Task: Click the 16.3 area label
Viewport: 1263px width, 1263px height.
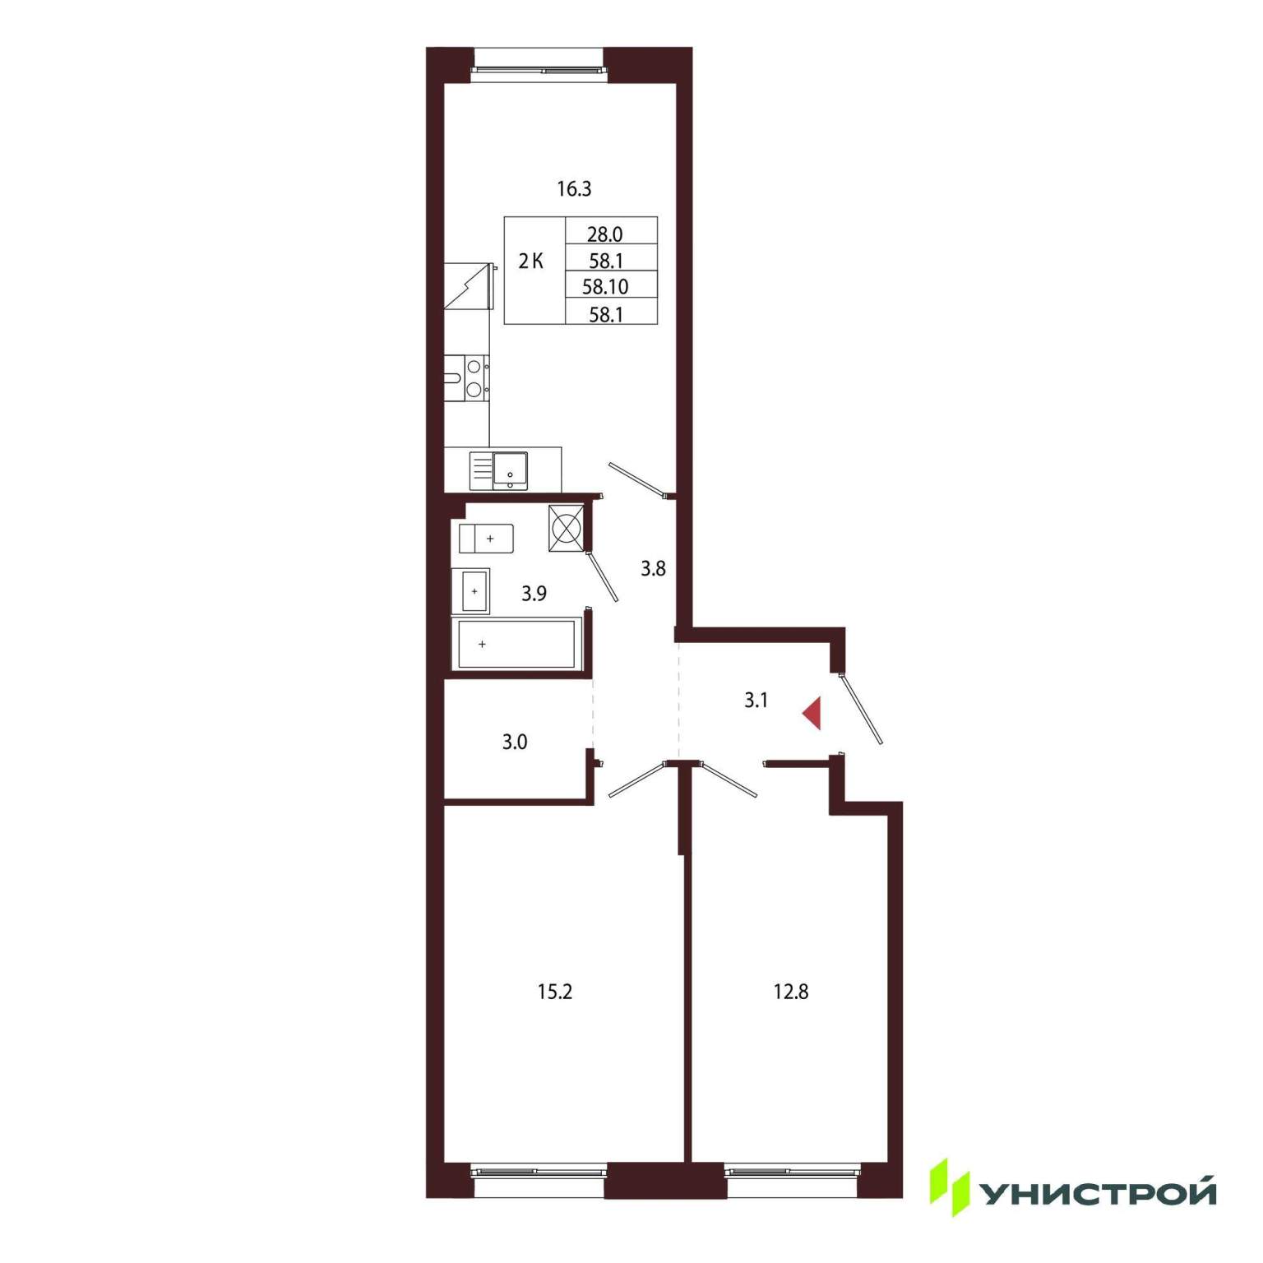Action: click(574, 189)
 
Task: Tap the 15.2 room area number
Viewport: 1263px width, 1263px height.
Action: click(554, 992)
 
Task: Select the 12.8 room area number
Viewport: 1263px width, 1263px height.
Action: click(790, 992)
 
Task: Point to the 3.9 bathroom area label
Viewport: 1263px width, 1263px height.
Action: click(534, 593)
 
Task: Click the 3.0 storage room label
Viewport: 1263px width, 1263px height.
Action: click(515, 742)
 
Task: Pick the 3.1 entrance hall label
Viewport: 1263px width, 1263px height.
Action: click(756, 701)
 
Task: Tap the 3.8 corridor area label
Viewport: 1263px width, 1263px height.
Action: click(653, 568)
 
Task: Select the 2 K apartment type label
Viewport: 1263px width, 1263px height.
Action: click(530, 261)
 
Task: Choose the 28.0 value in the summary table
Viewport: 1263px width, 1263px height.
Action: click(604, 234)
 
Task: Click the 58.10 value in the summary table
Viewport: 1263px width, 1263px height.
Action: click(605, 287)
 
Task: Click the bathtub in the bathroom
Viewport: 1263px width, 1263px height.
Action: click(516, 644)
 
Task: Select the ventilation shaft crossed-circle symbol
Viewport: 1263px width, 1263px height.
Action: click(567, 527)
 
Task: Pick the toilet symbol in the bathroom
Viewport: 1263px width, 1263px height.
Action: click(486, 539)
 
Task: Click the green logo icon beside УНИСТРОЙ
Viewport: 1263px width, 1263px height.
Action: click(950, 1187)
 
